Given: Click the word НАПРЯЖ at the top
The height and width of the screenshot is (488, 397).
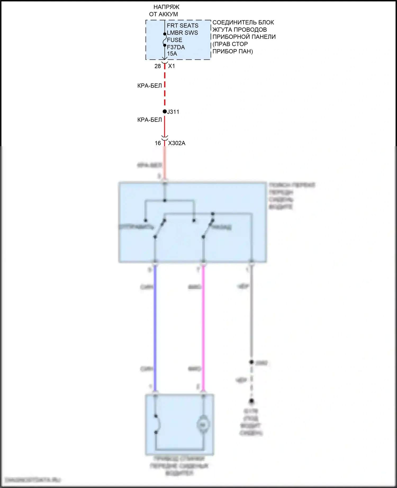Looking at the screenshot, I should pos(166,7).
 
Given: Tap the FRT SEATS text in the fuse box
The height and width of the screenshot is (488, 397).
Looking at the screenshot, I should pos(182,26).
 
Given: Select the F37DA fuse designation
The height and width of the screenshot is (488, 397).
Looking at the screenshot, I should pos(176,47).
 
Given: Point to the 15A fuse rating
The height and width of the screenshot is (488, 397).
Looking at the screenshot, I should pos(172,54).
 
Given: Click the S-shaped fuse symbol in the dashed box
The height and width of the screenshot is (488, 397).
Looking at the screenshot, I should pos(165,40).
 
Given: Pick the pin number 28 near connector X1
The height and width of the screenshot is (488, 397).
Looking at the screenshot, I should pos(157,66).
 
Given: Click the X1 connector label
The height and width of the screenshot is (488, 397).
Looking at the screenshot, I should pos(172,66).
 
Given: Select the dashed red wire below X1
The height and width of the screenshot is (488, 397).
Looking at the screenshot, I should pos(165,87).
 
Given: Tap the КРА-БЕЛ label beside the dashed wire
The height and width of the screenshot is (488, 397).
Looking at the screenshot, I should pos(150,86).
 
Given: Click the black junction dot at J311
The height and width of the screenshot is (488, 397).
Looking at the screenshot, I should pos(165,112).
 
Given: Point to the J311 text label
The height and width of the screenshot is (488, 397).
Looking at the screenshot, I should pos(173,112).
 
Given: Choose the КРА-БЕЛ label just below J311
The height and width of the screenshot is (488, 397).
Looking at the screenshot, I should pos(150,120).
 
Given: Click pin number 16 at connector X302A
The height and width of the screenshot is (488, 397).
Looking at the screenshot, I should pos(158,143).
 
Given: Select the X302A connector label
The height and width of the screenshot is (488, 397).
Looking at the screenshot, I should pos(177,143).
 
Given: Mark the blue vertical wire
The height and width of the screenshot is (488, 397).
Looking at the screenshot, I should pos(155,328).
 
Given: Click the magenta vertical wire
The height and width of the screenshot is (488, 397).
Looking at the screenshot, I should pos(203,328).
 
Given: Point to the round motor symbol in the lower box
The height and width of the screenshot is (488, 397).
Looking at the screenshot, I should pos(203,425).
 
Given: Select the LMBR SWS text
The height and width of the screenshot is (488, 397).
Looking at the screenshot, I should pos(182,33).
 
